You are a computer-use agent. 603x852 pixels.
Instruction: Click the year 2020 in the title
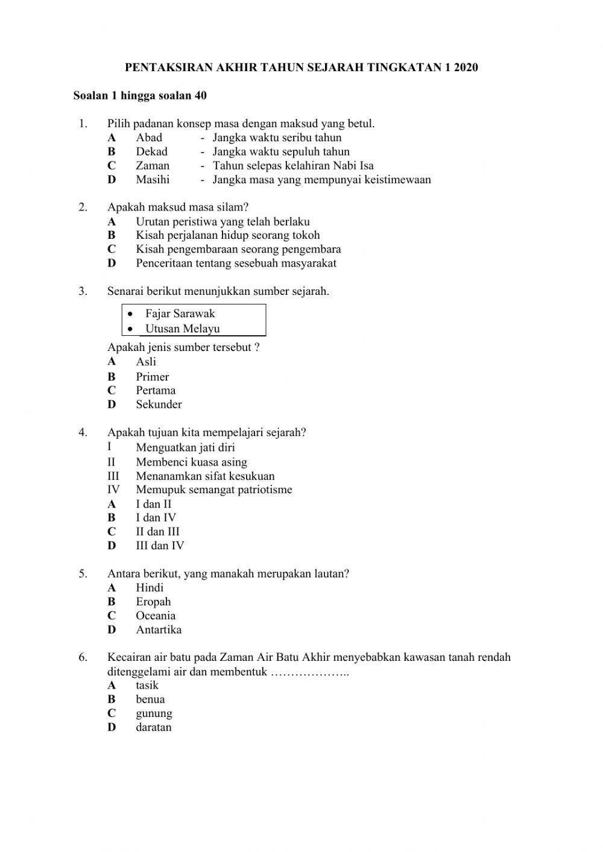click(x=466, y=68)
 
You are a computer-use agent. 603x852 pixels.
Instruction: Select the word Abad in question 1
click(x=149, y=137)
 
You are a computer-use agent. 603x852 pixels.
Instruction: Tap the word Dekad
click(x=151, y=151)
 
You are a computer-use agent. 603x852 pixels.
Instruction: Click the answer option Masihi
click(x=153, y=180)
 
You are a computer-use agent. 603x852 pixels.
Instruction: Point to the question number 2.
click(x=83, y=207)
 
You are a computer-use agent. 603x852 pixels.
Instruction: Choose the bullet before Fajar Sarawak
click(x=130, y=314)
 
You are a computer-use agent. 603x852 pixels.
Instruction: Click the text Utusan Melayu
click(x=182, y=329)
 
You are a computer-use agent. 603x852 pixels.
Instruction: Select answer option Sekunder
click(x=159, y=405)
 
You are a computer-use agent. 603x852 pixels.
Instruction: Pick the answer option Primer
click(x=152, y=377)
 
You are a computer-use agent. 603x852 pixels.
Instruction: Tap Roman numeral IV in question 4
click(x=113, y=490)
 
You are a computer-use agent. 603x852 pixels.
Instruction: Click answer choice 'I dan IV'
click(x=156, y=517)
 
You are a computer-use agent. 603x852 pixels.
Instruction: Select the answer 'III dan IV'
click(x=160, y=546)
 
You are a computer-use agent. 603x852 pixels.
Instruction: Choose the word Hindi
click(x=150, y=587)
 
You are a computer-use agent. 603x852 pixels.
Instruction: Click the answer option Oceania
click(x=156, y=616)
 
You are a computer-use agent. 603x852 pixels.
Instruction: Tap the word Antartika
click(x=159, y=630)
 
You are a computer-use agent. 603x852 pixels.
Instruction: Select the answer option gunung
click(x=154, y=713)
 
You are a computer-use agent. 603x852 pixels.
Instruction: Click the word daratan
click(x=154, y=727)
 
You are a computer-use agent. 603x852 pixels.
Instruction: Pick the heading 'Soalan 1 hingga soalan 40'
click(x=140, y=95)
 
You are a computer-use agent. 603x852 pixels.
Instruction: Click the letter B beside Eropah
click(x=112, y=602)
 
